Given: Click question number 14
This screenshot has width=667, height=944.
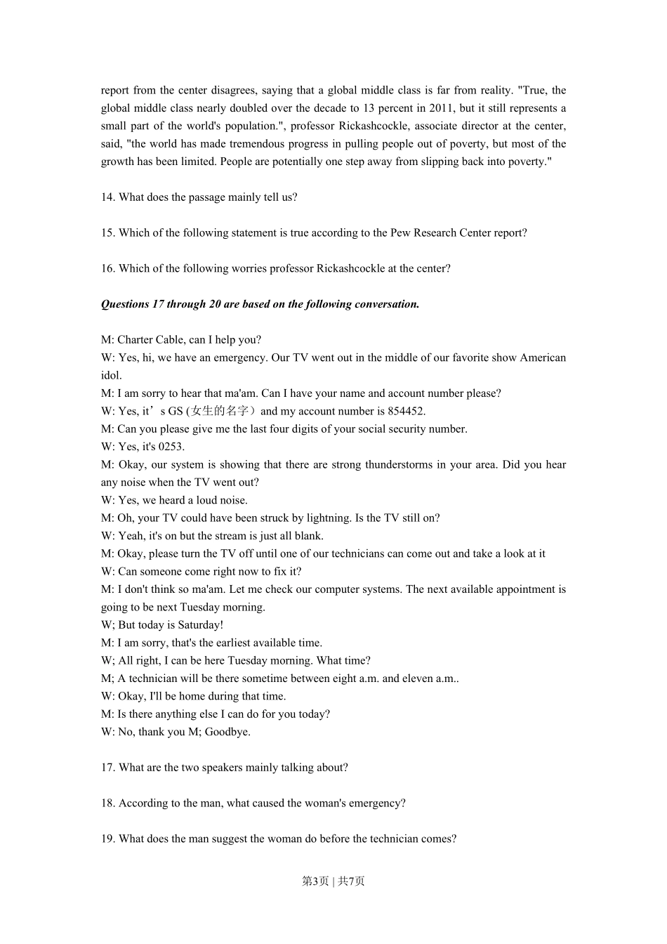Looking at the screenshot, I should pos(108,197).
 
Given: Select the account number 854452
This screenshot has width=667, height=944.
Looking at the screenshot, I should pos(406,412).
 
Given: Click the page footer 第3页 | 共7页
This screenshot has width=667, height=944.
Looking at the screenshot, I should pos(333,881).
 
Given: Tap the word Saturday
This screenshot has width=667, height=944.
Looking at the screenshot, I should pos(199,625).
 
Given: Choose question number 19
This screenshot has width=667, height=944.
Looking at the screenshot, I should pos(108,839).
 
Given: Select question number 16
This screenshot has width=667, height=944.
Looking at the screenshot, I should pos(108,268).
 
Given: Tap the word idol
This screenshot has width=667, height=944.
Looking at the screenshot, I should pos(111,376).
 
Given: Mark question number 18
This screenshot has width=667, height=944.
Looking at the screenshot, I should pos(108,804).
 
